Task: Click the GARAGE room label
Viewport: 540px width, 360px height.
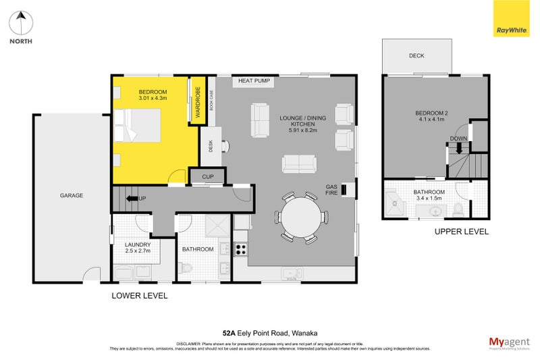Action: (72, 196)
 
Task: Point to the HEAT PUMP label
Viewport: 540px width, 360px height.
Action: (254, 82)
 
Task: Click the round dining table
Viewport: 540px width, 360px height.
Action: (302, 217)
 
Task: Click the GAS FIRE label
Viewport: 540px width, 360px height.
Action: (331, 189)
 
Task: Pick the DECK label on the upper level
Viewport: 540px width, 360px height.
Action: (416, 56)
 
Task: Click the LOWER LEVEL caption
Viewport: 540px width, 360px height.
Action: (140, 296)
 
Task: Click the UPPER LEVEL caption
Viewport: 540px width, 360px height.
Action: (462, 232)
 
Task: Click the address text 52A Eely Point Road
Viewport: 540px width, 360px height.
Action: (270, 333)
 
